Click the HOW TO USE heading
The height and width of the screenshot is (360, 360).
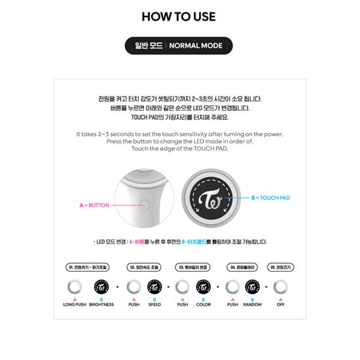179,16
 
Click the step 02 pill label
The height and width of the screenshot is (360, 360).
144,268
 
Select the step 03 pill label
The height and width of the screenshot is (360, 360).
193,268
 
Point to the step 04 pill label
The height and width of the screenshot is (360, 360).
241,268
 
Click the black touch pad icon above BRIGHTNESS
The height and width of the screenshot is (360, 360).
101,287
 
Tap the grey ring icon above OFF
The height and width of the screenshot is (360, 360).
281,287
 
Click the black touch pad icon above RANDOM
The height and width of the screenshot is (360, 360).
253,287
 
